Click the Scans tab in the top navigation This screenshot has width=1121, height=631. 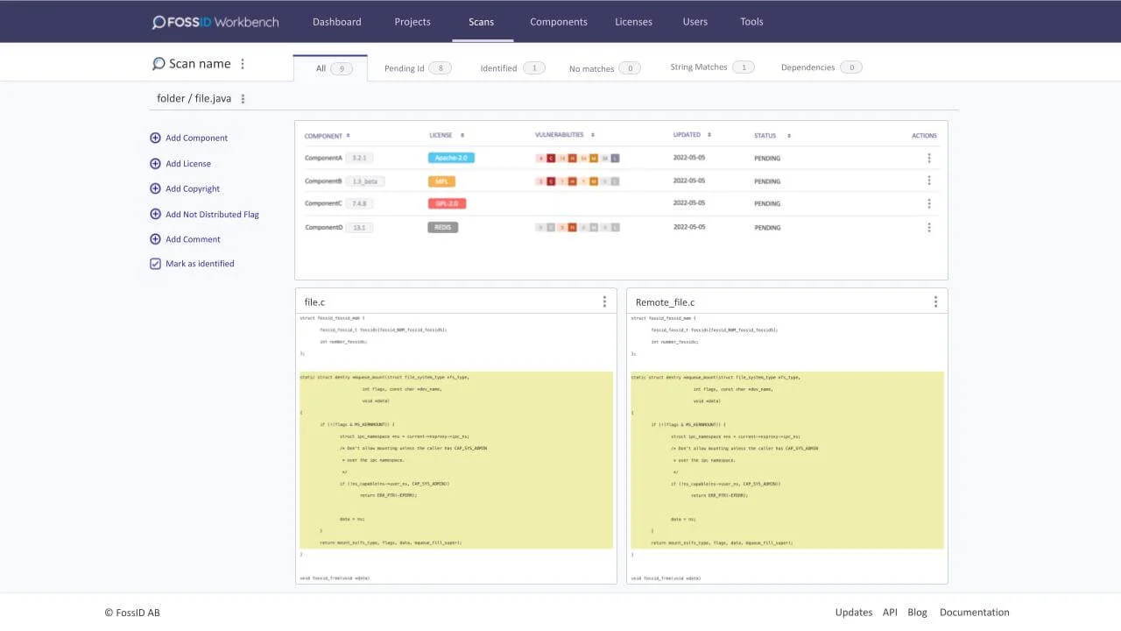tap(481, 22)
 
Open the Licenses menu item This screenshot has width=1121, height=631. tap(633, 22)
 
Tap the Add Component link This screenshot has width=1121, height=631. tap(196, 138)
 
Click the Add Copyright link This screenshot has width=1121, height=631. tap(193, 188)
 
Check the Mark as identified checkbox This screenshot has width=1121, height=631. tap(156, 264)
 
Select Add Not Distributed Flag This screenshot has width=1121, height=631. tap(212, 214)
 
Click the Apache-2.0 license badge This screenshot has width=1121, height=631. tap(451, 158)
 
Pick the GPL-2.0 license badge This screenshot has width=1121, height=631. tap(447, 203)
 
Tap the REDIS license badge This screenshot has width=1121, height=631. tap(442, 227)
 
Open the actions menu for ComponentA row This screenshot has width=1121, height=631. tap(928, 159)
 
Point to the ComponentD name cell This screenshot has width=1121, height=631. tap(323, 227)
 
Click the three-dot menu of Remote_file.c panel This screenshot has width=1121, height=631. tap(935, 301)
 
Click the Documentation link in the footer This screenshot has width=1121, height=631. tap(974, 613)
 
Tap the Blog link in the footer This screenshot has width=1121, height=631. tap(917, 613)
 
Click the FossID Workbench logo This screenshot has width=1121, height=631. tap(215, 22)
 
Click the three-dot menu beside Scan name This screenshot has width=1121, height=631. tap(243, 64)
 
